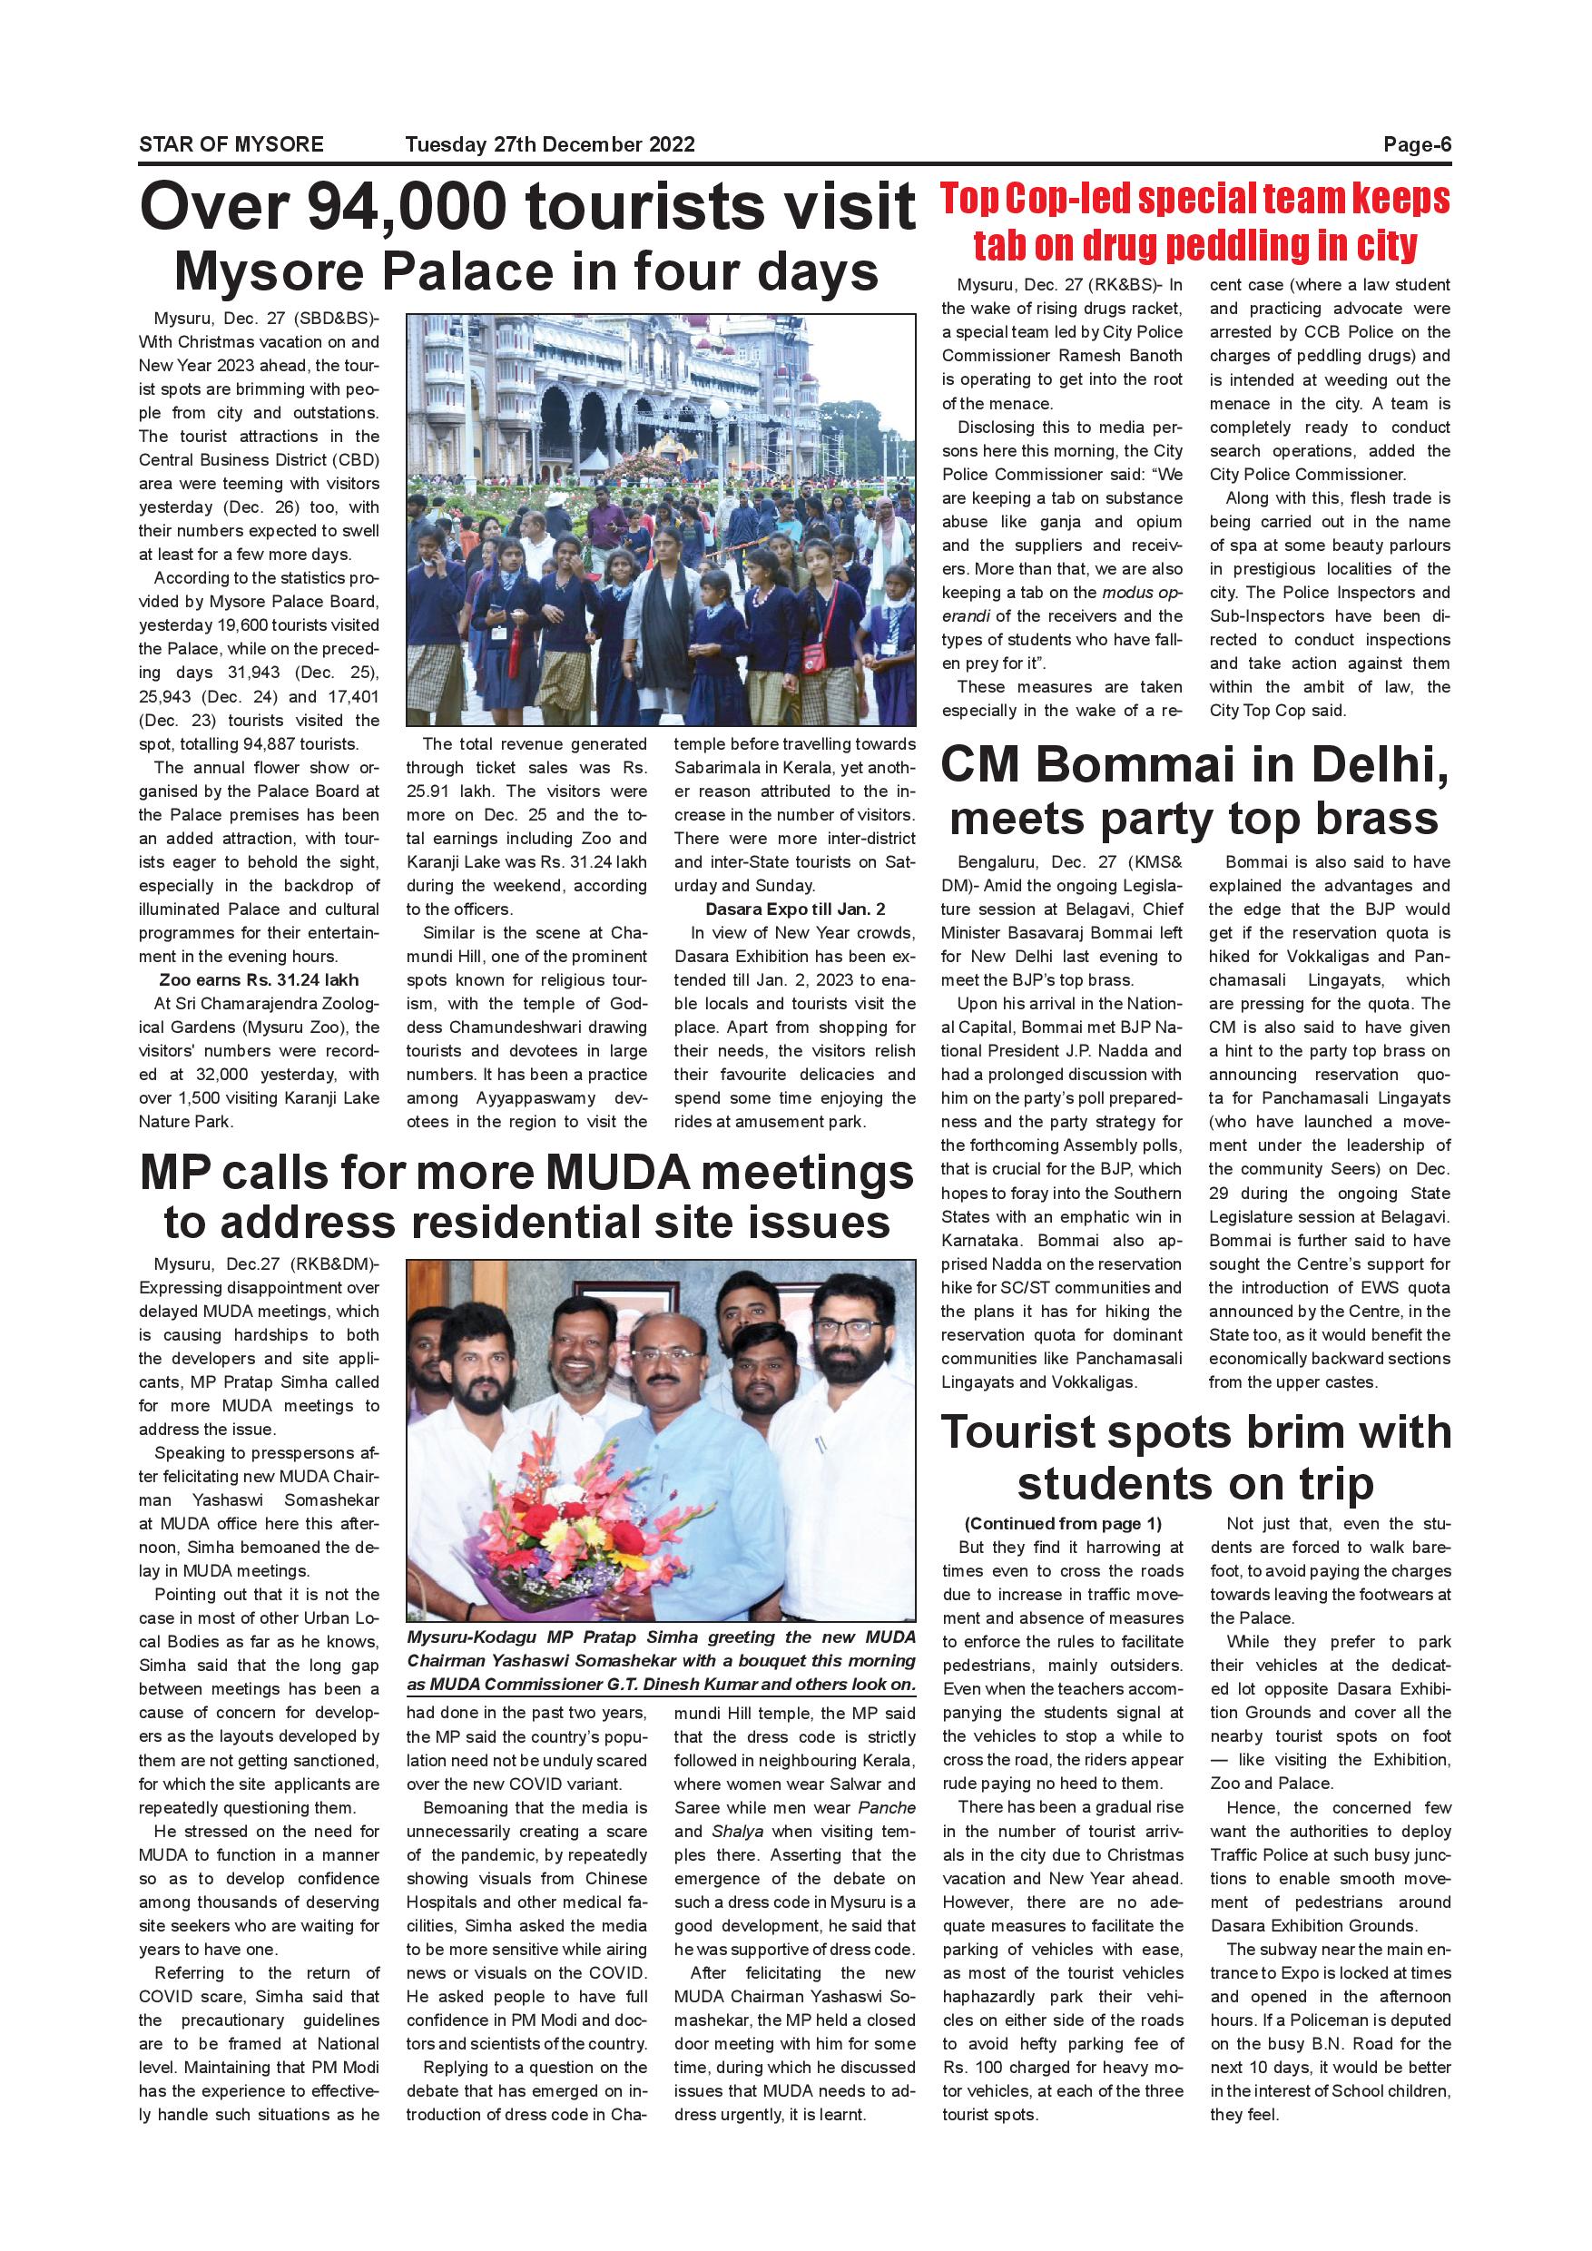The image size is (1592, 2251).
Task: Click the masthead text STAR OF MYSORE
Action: tap(231, 144)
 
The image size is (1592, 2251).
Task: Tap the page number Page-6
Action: tap(1417, 144)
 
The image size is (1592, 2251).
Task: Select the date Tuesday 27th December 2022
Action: tap(550, 144)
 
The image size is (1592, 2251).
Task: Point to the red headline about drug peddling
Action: tap(1195, 221)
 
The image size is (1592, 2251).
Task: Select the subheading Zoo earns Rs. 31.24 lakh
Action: tap(259, 979)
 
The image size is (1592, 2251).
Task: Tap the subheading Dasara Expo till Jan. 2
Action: tap(795, 909)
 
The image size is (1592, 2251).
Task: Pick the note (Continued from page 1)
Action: tap(1063, 1524)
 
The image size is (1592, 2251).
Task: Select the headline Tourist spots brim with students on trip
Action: tap(1195, 1458)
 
